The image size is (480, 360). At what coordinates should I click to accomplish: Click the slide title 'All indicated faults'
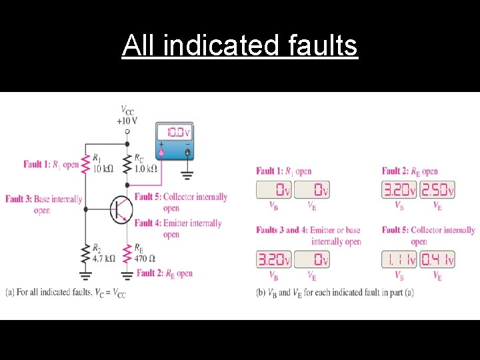240,46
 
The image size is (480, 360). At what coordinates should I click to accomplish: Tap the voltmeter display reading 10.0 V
174,132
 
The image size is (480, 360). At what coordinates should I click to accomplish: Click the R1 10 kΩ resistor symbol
85,165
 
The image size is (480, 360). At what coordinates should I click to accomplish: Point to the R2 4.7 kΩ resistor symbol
85,253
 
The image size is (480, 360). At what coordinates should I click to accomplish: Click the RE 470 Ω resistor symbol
127,253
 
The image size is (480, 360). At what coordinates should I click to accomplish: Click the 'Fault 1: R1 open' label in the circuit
51,164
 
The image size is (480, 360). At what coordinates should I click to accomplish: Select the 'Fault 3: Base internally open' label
43,204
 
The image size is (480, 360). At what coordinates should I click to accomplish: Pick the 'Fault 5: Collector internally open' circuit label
181,202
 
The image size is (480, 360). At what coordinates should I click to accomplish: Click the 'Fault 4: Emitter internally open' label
177,228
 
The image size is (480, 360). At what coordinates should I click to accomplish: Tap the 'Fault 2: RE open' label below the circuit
164,273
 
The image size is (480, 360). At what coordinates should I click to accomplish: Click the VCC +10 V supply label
127,115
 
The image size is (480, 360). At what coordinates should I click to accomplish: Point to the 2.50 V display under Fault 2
438,191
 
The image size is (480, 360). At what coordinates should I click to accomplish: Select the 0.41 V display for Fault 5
438,259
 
